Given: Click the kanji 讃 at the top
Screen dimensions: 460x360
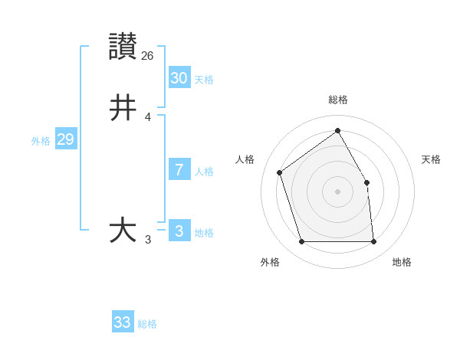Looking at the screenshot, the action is [123, 46].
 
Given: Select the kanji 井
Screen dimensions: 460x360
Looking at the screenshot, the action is [123, 107].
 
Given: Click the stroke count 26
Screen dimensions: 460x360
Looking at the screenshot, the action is [148, 55].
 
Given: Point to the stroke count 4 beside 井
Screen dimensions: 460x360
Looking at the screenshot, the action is [148, 117].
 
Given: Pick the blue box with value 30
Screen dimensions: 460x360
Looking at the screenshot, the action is [179, 77].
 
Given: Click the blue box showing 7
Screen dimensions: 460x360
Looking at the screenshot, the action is [179, 169].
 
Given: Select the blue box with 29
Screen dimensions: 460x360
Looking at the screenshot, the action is [65, 139].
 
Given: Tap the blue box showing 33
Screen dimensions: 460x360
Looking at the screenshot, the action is [123, 322].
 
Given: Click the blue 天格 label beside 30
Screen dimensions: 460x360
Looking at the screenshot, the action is [204, 80].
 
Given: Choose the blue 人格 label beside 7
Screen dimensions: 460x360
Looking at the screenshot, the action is [204, 172].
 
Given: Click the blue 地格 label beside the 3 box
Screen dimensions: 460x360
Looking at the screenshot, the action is [204, 233].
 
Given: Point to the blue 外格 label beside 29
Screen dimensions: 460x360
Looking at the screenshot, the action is [41, 141].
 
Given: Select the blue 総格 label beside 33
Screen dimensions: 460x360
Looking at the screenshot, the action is [147, 324].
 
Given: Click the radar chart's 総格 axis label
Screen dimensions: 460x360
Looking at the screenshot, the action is [338, 100].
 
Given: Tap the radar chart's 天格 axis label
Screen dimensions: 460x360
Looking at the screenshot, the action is [432, 159].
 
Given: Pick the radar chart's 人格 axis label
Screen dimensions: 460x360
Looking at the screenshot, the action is [245, 159].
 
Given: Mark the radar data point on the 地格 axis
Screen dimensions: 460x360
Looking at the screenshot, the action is [374, 242].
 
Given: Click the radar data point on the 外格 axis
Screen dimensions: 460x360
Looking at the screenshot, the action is [301, 242].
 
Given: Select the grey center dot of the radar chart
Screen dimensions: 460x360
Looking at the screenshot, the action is [337, 191].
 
